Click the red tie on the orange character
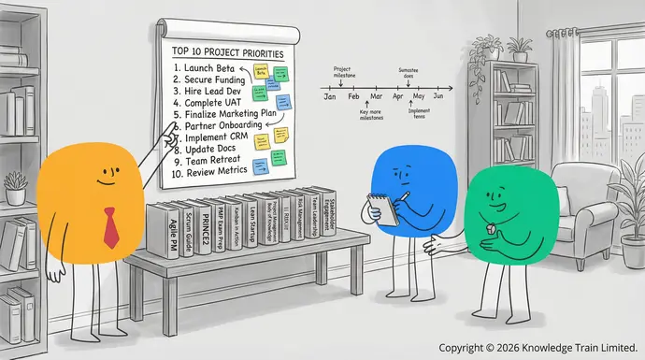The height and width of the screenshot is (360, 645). (110, 228)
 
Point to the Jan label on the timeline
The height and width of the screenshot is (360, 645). (329, 96)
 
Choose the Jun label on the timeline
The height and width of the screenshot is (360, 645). (437, 96)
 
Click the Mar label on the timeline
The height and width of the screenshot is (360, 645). (375, 96)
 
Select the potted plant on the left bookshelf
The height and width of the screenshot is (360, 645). (16, 192)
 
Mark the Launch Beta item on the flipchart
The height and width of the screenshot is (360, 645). (205, 68)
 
